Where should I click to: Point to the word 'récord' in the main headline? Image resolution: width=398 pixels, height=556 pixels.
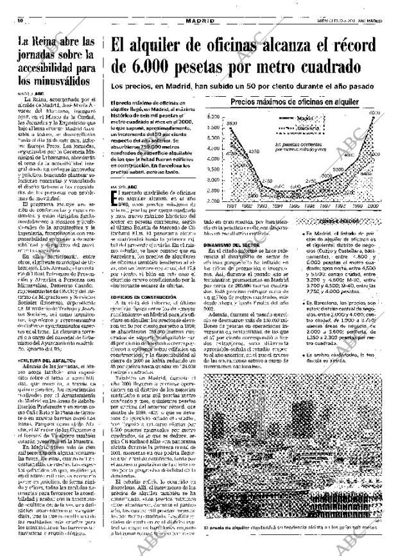tap(358, 46)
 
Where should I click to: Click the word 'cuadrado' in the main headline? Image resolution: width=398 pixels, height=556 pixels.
tap(318, 66)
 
